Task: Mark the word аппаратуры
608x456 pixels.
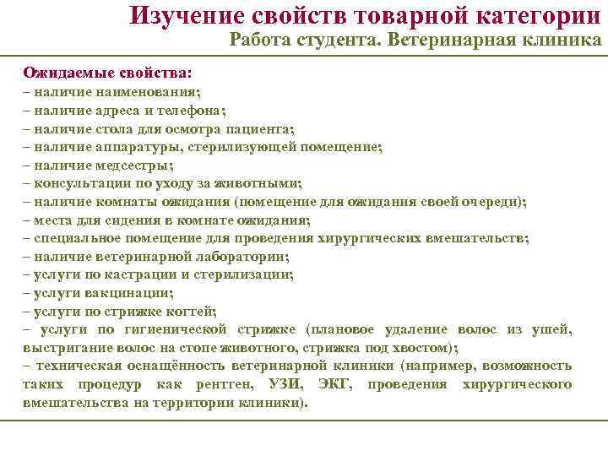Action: pyautogui.click(x=126, y=146)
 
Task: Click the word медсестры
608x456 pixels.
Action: pyautogui.click(x=138, y=165)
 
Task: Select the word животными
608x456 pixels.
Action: pyautogui.click(x=264, y=183)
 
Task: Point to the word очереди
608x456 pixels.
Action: pyautogui.click(x=495, y=202)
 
